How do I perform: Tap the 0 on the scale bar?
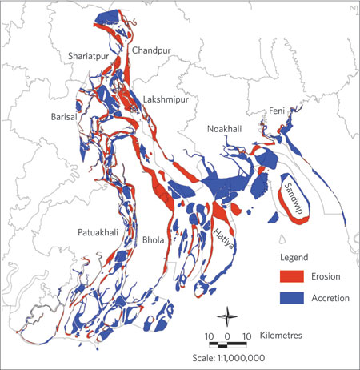pyautogui.click(x=228, y=333)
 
